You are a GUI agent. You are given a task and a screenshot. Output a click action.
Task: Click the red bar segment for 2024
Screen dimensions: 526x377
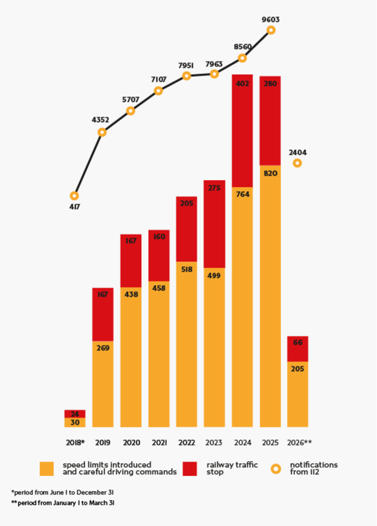[242, 131]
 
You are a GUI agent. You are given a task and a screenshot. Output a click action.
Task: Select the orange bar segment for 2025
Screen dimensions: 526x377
[270, 296]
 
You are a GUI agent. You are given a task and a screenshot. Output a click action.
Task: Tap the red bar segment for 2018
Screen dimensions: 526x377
[75, 414]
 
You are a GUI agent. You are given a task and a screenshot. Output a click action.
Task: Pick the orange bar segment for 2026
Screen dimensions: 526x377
[298, 394]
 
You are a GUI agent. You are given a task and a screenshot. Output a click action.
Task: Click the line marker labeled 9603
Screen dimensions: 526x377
[271, 30]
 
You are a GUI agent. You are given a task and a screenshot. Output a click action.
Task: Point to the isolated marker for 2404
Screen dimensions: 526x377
[297, 163]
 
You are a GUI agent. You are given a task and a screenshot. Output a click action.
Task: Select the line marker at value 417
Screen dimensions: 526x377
[74, 196]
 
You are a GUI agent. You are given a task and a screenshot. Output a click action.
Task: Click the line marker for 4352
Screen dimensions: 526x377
[102, 132]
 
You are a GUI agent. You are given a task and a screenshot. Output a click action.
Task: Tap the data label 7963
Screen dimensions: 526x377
[214, 64]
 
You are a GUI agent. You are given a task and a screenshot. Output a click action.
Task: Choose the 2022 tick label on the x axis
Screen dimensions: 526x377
[186, 442]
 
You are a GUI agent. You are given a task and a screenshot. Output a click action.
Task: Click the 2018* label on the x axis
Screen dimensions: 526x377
[75, 442]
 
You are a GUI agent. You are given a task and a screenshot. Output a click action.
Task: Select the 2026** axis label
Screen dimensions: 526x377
[299, 442]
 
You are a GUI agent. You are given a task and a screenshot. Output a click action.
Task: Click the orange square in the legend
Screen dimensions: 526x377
[47, 469]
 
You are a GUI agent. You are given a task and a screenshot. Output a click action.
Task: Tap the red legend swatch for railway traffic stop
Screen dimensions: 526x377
[190, 469]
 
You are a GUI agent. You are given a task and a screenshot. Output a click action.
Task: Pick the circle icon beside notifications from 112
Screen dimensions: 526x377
[276, 469]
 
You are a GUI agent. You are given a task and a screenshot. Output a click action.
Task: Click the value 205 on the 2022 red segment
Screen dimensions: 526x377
[186, 203]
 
